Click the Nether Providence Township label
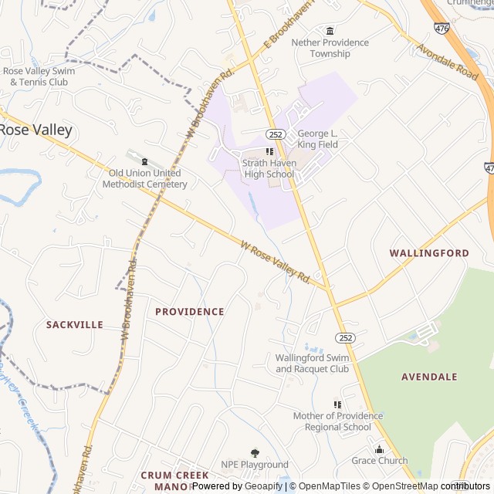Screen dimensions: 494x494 [x=330, y=48]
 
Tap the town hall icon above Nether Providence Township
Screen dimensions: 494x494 [x=330, y=31]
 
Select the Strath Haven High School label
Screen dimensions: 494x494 [x=269, y=168]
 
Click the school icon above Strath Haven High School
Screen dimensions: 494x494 [x=269, y=152]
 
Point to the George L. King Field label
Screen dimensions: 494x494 [x=317, y=139]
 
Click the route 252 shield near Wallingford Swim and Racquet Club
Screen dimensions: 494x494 [x=344, y=338]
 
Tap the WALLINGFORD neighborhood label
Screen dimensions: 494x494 [x=428, y=253]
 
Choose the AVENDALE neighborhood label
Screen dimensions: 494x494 [x=429, y=377]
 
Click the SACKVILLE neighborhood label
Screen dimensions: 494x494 [x=74, y=325]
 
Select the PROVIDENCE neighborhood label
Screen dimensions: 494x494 [x=189, y=312]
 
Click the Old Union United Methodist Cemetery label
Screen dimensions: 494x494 [x=145, y=178]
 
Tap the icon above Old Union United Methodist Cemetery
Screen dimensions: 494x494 [x=144, y=161]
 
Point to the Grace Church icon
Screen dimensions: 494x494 [x=379, y=450]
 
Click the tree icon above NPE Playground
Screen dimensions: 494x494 [x=255, y=453]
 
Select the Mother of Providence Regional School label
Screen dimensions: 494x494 [x=337, y=421]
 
